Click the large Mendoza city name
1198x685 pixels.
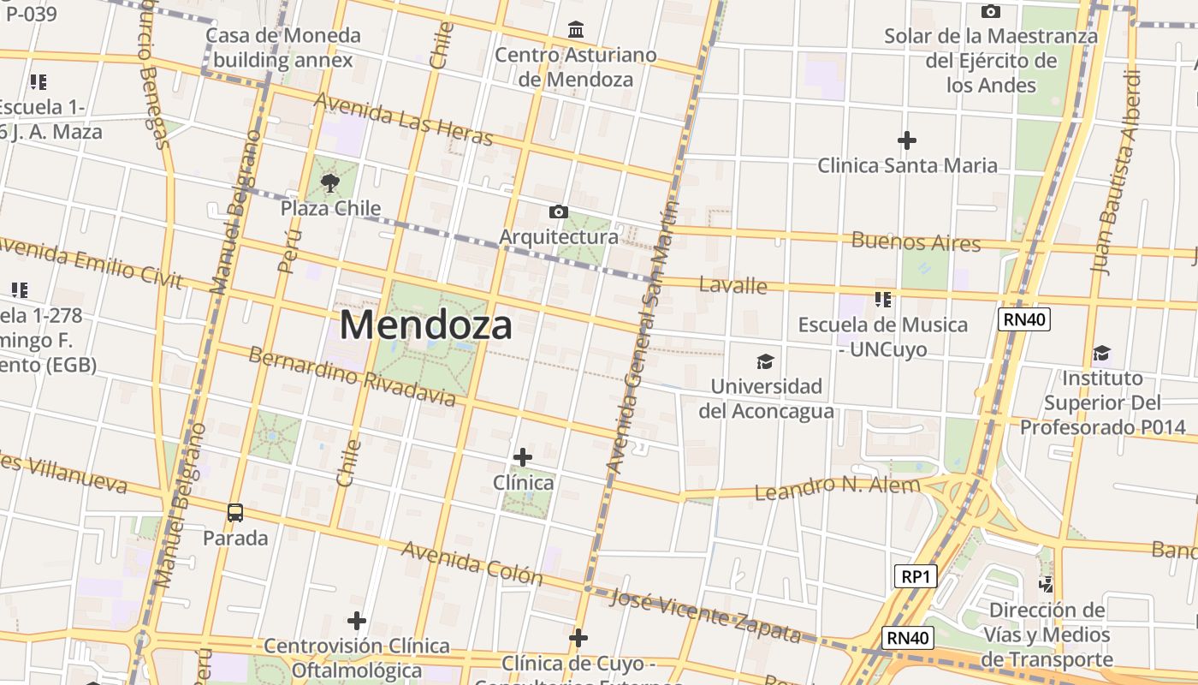coord(426,325)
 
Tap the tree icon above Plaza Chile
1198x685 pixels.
coord(329,182)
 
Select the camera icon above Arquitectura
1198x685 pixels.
coord(559,211)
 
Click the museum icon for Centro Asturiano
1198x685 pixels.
coord(576,30)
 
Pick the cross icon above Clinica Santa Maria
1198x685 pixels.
coord(907,140)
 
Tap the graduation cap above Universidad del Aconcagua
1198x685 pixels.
coord(765,361)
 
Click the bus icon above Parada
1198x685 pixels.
coord(235,513)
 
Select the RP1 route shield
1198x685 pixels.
coord(916,576)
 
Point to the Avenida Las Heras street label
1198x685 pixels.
coord(404,119)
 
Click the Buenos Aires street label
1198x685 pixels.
coord(916,241)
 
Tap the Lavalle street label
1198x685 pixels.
coord(732,285)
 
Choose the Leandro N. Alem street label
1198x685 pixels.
coord(837,488)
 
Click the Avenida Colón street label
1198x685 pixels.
coord(471,563)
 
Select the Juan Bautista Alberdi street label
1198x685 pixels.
coord(1117,171)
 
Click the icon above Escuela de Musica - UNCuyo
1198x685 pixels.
coord(883,300)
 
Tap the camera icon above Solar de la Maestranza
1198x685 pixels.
coord(991,11)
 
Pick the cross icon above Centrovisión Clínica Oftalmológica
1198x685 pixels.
coord(357,621)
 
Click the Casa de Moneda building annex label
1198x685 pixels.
coord(283,48)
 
